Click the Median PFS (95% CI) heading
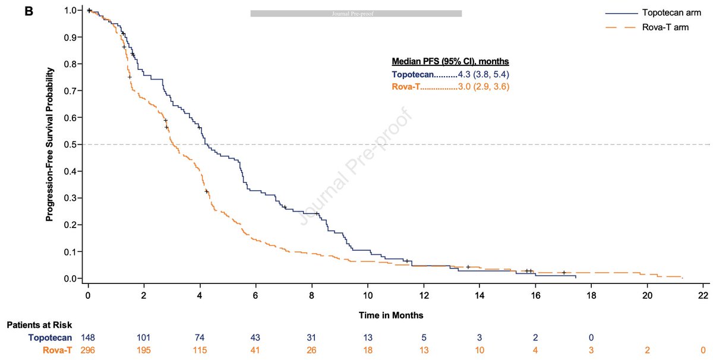tap(450, 62)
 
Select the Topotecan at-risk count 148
tap(88, 337)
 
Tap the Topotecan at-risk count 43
tap(255, 337)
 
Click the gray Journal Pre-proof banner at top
tap(356, 13)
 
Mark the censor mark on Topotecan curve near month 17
tap(564, 273)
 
